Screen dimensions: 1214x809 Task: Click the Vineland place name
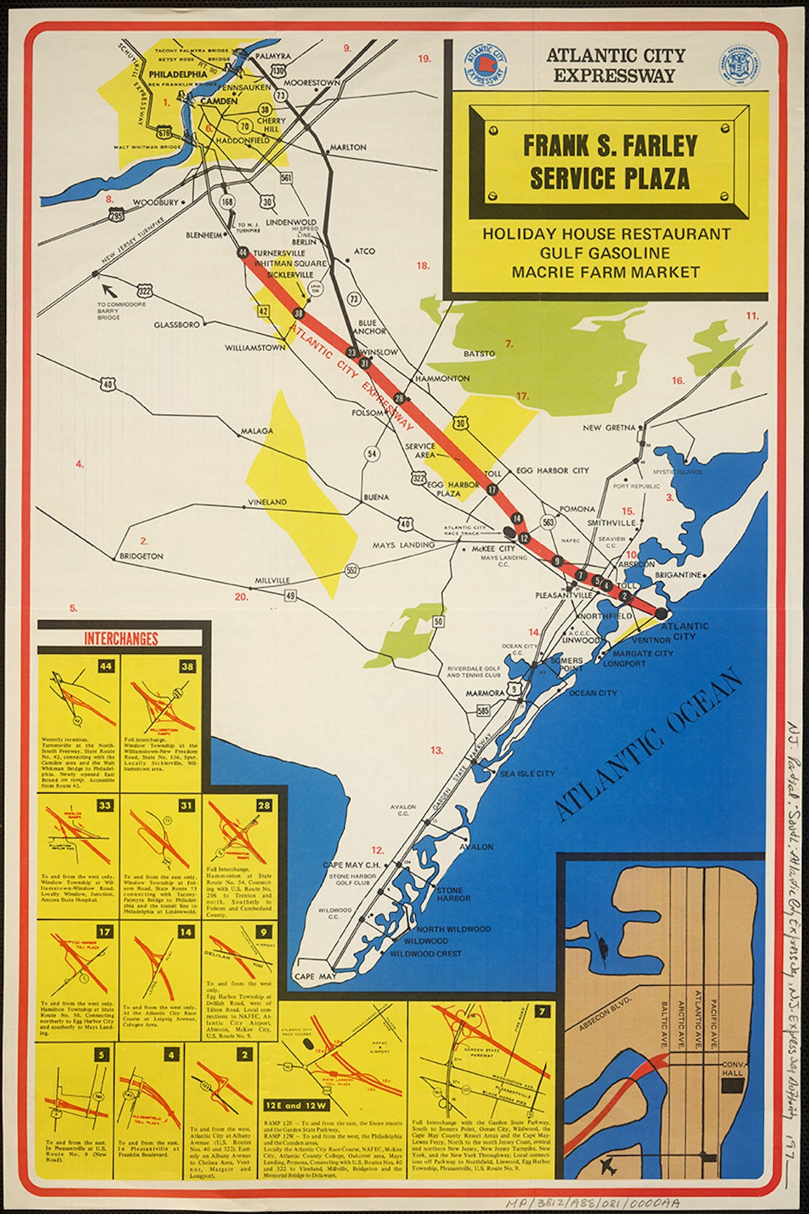[267, 502]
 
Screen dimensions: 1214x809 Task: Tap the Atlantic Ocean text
[648, 745]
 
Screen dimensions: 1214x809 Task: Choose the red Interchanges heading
[121, 639]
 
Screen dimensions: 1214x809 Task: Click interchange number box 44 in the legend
[106, 666]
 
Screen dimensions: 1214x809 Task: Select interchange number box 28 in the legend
[263, 805]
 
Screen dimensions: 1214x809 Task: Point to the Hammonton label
[442, 378]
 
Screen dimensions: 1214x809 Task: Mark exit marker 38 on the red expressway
[298, 313]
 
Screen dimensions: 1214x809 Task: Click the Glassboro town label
[177, 325]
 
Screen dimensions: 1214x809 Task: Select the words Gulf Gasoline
[605, 253]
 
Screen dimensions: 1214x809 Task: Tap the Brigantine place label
[678, 575]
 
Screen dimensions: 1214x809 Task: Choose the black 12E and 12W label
[292, 1124]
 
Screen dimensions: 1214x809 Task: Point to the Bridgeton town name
[141, 556]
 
